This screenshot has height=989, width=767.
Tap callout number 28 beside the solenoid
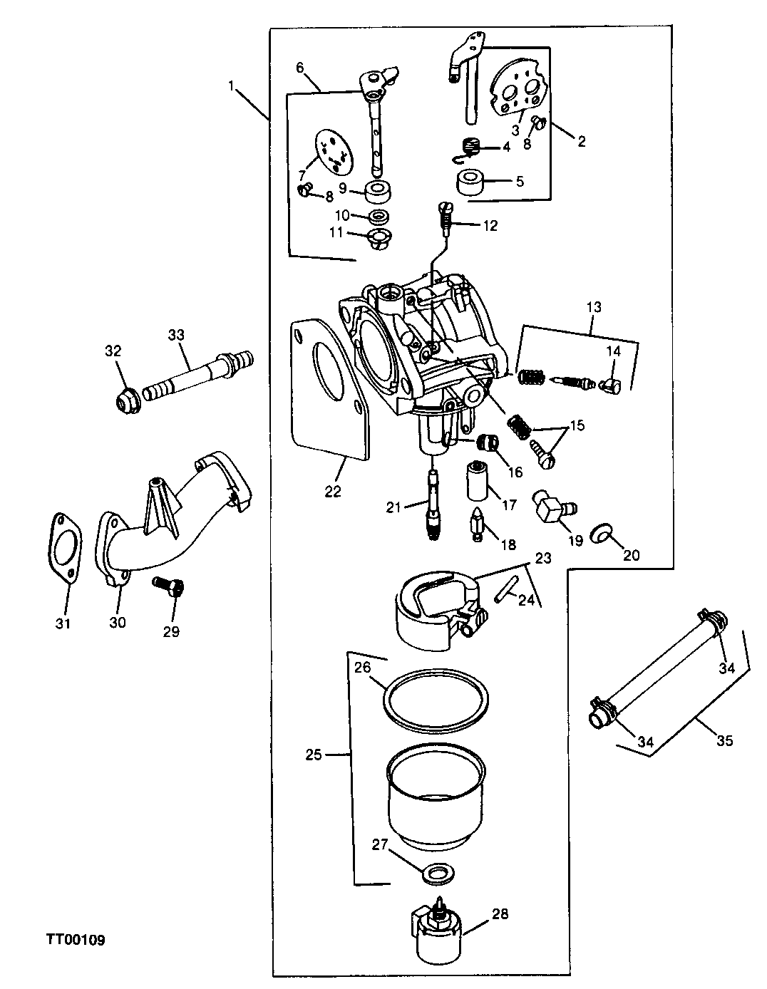coord(500,913)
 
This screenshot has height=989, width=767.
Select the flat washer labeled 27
coord(438,874)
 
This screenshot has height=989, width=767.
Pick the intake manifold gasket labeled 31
coord(65,549)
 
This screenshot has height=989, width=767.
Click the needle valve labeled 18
coord(476,524)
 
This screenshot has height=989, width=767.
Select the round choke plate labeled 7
coord(334,152)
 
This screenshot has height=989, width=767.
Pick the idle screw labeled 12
coord(445,219)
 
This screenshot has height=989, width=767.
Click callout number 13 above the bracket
coord(594,307)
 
